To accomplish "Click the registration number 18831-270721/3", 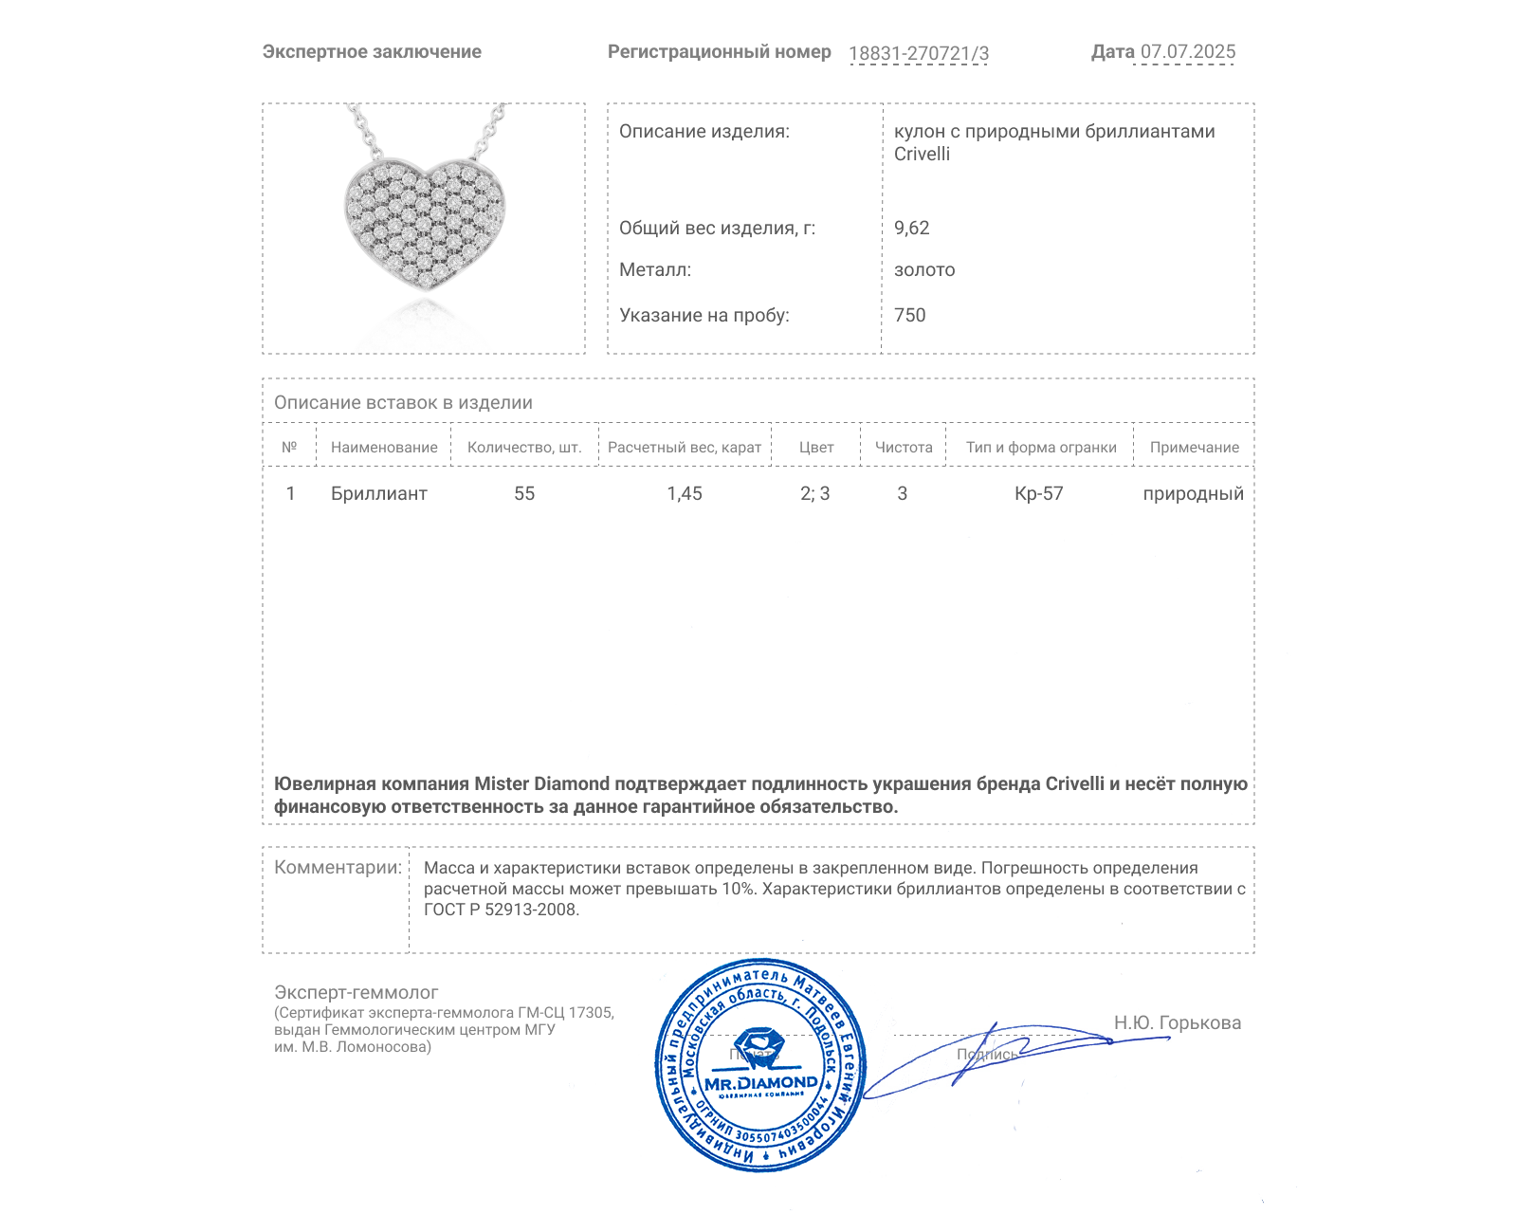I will click(x=918, y=53).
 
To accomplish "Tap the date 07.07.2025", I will click(x=1188, y=51).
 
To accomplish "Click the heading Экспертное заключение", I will click(x=372, y=52).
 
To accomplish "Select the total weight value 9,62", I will click(x=911, y=228).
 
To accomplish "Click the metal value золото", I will click(x=924, y=270).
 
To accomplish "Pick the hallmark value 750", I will click(x=909, y=315).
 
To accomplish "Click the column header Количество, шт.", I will click(x=524, y=448).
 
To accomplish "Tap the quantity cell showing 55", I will click(x=524, y=493).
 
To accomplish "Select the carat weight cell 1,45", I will click(x=685, y=493).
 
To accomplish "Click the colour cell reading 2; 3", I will click(x=814, y=493).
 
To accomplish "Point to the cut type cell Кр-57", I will click(x=1039, y=493).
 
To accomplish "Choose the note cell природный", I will click(x=1193, y=493).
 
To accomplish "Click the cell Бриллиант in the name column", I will click(x=379, y=493).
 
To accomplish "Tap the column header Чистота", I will click(x=904, y=448).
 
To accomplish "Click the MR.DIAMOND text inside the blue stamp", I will click(x=760, y=1082).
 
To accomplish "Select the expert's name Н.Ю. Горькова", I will click(x=1177, y=1022).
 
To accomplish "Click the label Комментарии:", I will click(x=338, y=867).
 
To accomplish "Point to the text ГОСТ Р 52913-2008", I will click(x=501, y=910).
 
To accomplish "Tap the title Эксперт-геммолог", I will click(x=356, y=992).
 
